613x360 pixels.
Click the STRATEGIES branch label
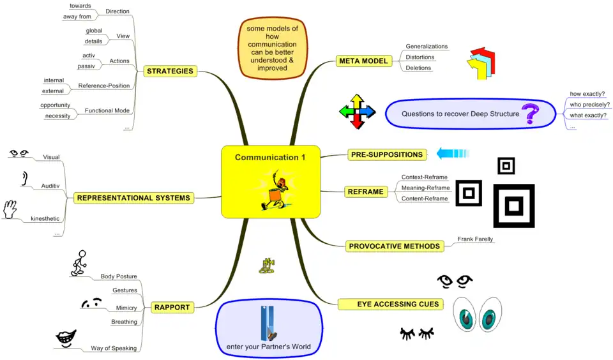pos(170,71)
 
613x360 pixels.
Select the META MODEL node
pos(363,61)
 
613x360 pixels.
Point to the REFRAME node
pos(366,191)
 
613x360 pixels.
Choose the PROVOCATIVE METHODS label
pos(395,246)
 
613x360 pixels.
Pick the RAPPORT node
pos(172,308)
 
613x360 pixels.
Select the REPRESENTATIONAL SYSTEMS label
pos(133,198)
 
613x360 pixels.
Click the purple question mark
pos(530,115)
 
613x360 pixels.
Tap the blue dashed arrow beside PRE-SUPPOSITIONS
pos(453,153)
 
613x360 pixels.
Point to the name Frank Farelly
pos(475,239)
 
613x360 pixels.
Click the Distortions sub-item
pos(420,57)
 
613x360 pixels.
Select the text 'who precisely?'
pos(589,105)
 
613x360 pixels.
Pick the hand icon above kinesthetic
pos(10,209)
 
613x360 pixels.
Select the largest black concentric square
pos(514,206)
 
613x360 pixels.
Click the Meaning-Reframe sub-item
pos(425,188)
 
